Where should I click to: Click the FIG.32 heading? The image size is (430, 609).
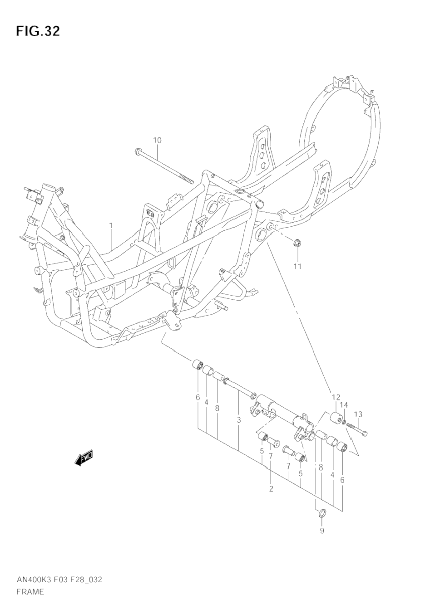point(38,32)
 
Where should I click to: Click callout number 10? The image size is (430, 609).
point(157,140)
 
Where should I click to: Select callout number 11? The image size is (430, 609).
point(297,266)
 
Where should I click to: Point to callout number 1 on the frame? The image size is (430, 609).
point(111,226)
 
